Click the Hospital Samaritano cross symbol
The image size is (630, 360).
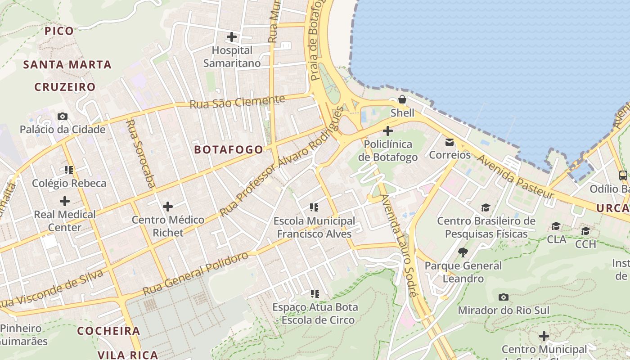(232, 37)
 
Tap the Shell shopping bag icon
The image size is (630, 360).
(402, 99)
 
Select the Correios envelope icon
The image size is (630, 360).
(450, 142)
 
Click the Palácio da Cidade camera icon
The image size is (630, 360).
(63, 116)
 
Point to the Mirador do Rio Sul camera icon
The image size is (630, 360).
(504, 297)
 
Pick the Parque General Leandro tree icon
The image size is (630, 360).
(463, 252)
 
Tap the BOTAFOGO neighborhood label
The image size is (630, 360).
(229, 150)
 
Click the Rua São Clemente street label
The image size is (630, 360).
(238, 102)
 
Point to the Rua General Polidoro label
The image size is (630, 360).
(196, 274)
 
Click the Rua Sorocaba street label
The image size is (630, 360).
(141, 153)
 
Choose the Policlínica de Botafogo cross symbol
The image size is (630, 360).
(387, 131)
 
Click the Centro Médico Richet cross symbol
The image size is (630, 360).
(168, 207)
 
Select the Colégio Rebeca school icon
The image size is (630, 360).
(69, 170)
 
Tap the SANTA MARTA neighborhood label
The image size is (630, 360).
(67, 65)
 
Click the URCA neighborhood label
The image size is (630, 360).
(612, 208)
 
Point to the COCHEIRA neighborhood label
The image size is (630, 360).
(108, 331)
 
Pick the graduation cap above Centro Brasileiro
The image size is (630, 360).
(486, 207)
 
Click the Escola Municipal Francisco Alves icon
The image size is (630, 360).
(314, 207)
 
